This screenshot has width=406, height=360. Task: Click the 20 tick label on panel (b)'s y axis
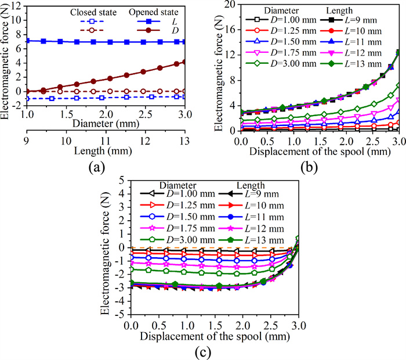229,5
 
